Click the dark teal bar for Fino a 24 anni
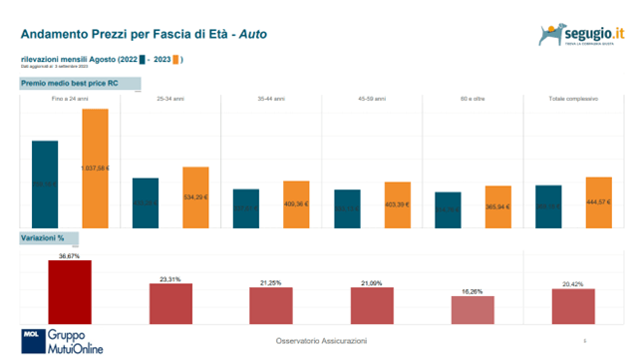point(45,182)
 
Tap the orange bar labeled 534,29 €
point(195,195)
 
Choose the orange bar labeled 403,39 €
point(398,203)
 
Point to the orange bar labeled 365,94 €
point(498,205)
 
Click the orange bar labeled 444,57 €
point(598,201)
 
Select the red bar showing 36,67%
point(70,291)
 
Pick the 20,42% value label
point(573,283)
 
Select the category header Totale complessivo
point(572,100)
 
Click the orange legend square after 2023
point(176,60)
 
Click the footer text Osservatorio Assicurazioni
point(321,341)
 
